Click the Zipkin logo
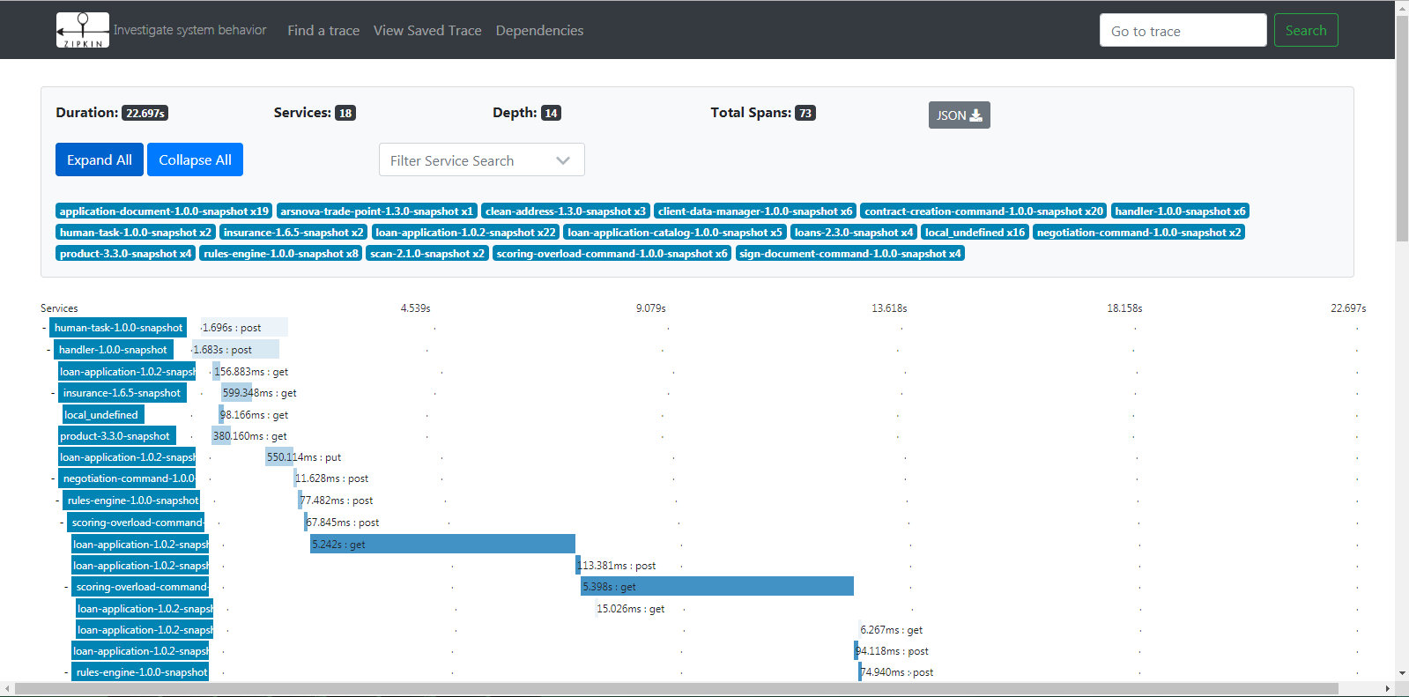[x=83, y=30]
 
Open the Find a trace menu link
[x=323, y=30]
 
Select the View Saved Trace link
[x=427, y=30]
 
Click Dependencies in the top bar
[x=539, y=30]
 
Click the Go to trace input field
[x=1183, y=30]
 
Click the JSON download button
[x=960, y=115]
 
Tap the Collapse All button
[x=195, y=159]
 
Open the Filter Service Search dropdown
[x=482, y=159]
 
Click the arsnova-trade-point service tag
[x=377, y=211]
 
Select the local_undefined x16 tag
[x=975, y=233]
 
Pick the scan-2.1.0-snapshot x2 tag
[x=427, y=254]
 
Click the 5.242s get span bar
[x=442, y=545]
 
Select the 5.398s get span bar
[x=717, y=586]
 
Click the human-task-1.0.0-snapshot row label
[x=118, y=328]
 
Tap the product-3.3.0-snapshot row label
[x=117, y=436]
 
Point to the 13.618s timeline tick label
[x=889, y=308]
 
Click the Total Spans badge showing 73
[x=805, y=114]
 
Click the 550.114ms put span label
[x=304, y=457]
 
